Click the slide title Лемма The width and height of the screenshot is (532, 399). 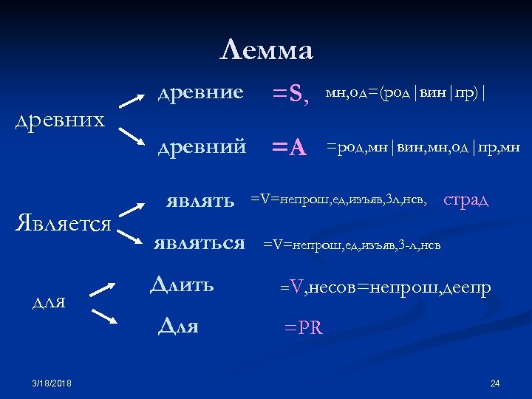tap(267, 50)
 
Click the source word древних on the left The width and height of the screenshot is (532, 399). tap(61, 120)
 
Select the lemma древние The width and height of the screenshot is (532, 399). tap(200, 92)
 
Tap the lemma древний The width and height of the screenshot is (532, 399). tap(202, 146)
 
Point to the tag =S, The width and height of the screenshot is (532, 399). tap(290, 94)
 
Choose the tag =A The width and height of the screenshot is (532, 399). tap(289, 148)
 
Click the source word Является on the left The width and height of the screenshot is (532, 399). tap(64, 224)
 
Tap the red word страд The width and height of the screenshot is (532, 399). tap(465, 199)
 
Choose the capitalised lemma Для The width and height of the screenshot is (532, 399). tap(178, 326)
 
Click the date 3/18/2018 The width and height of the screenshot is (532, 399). tap(52, 383)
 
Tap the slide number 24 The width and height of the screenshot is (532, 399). tap(495, 383)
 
